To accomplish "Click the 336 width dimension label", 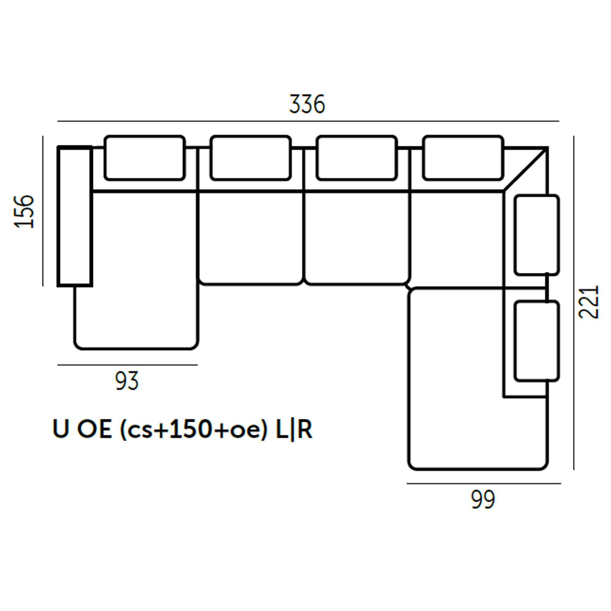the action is pyautogui.click(x=307, y=104).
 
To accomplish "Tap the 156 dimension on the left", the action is pyautogui.click(x=24, y=211).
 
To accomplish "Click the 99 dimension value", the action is pyautogui.click(x=483, y=500).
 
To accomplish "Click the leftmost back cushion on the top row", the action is pyautogui.click(x=145, y=158).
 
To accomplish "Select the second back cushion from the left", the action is pyautogui.click(x=251, y=158).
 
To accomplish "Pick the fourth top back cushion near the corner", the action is pyautogui.click(x=463, y=158).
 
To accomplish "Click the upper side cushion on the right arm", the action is pyautogui.click(x=537, y=235).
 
